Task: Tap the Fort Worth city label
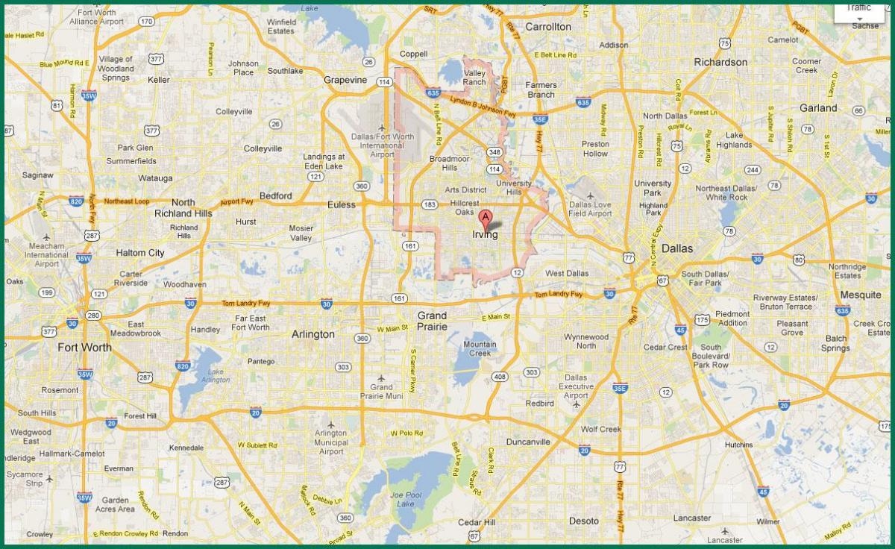coord(84,347)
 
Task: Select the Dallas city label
coord(676,248)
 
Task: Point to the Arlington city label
coord(313,334)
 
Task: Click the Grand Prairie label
coord(432,321)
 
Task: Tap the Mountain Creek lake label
coord(480,348)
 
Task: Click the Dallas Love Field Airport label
coord(590,208)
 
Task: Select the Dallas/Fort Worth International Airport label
coord(381,145)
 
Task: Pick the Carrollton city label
coord(547,27)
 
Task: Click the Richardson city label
coord(720,62)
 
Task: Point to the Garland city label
coord(818,107)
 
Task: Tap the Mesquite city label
coord(860,295)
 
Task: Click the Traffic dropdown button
coord(858,12)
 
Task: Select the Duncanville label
coord(528,442)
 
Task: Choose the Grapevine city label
coord(345,80)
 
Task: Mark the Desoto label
coord(583,521)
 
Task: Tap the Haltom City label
coord(140,253)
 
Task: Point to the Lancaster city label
coord(691,518)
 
